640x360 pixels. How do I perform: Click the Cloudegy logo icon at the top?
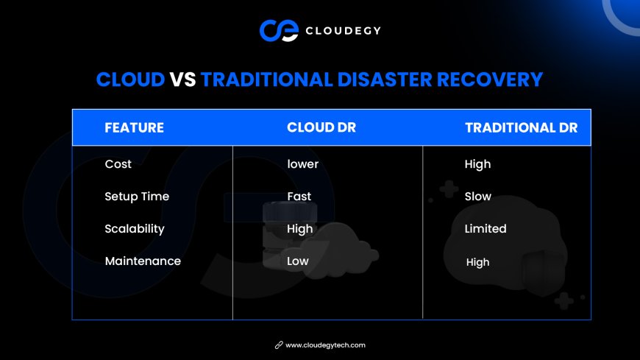(280, 31)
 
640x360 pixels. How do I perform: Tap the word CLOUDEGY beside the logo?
(344, 31)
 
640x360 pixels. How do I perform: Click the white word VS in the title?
(183, 80)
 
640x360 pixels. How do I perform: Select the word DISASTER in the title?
(385, 80)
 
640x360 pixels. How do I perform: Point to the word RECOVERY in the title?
(490, 80)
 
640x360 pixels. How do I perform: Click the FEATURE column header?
(135, 128)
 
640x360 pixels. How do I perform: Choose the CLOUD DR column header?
(321, 127)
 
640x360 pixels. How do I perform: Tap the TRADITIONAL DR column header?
(522, 128)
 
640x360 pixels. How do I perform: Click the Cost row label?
(118, 164)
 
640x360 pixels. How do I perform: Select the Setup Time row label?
(137, 197)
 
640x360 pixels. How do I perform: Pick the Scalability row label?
(135, 229)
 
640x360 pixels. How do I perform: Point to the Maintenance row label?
(143, 261)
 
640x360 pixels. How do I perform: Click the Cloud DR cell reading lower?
(302, 164)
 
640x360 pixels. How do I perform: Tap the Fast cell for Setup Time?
(299, 197)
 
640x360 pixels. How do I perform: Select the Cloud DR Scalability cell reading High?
(300, 229)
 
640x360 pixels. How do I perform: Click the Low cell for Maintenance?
(297, 261)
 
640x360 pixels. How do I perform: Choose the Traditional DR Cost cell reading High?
(477, 164)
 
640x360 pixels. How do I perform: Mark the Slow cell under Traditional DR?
(477, 197)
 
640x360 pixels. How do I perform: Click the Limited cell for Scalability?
(486, 229)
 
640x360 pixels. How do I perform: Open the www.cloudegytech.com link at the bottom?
(325, 345)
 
